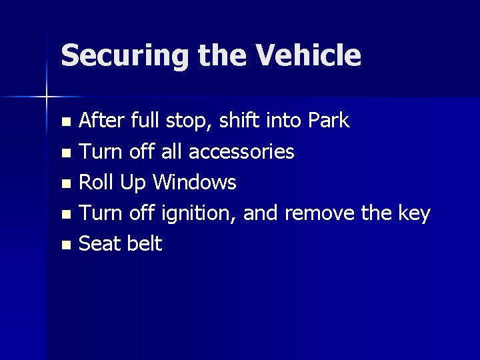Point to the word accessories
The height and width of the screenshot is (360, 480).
point(241,152)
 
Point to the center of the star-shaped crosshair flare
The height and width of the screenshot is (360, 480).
point(47,97)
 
